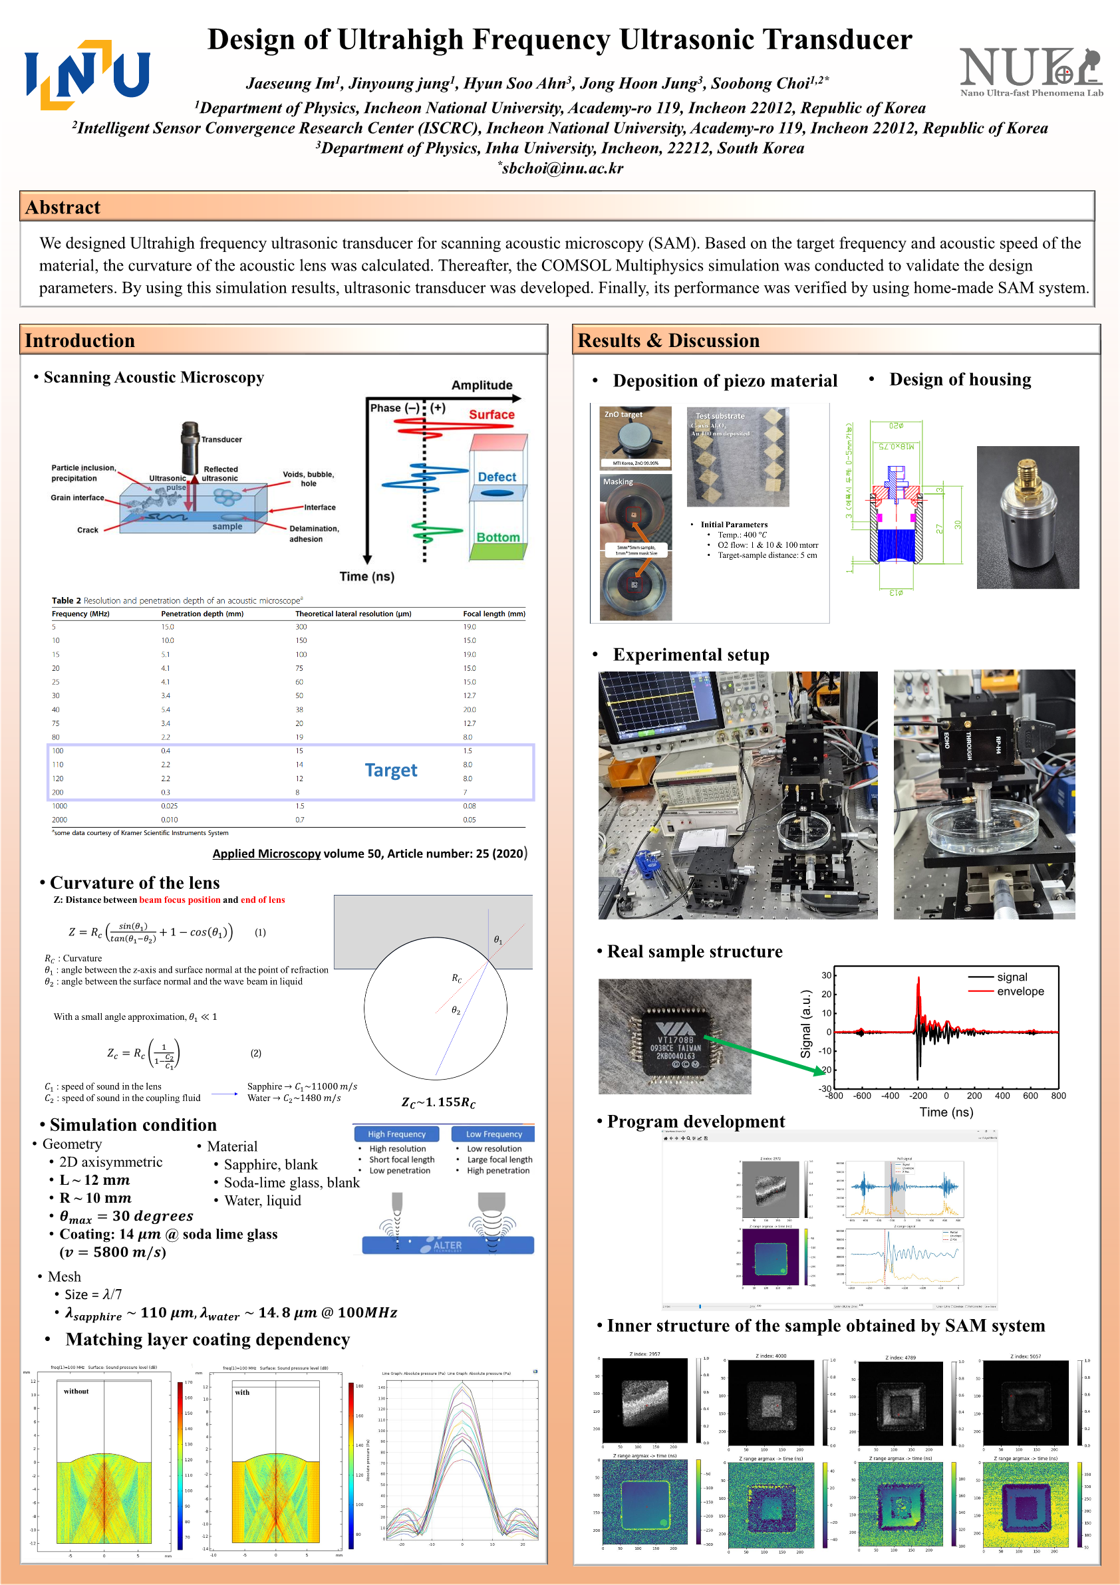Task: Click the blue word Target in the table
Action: pyautogui.click(x=391, y=770)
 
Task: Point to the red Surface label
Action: pyautogui.click(x=491, y=414)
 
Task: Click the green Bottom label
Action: pyautogui.click(x=497, y=537)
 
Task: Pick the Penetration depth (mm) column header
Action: pyautogui.click(x=202, y=614)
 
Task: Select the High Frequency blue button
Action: pyautogui.click(x=396, y=1134)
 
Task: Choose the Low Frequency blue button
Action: pyautogui.click(x=493, y=1134)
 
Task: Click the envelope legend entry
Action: pyautogui.click(x=1020, y=991)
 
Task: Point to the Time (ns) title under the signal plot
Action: pyautogui.click(x=945, y=1112)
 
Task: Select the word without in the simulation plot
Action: pyautogui.click(x=76, y=1391)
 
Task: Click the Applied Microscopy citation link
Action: pyautogui.click(x=267, y=853)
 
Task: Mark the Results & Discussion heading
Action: pyautogui.click(x=668, y=340)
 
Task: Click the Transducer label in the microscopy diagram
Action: pyautogui.click(x=221, y=439)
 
